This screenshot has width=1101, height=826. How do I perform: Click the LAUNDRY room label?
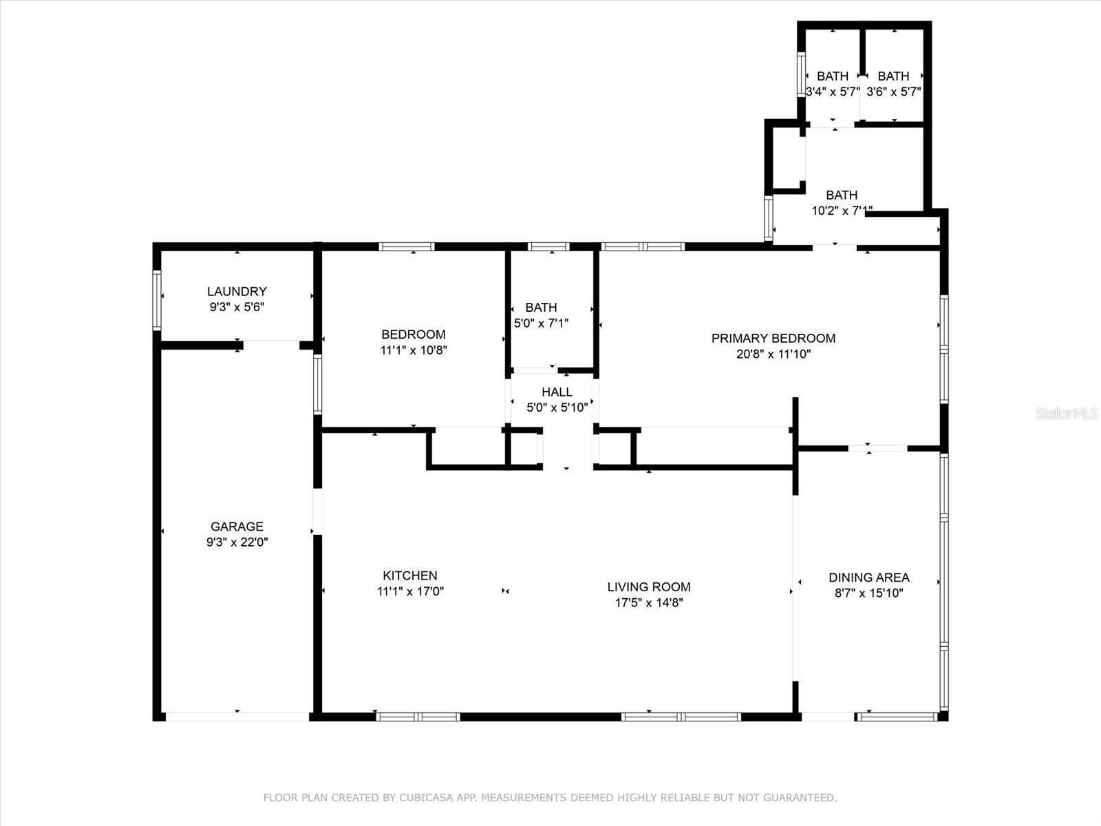click(x=237, y=291)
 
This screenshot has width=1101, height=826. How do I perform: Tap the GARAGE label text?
click(x=237, y=527)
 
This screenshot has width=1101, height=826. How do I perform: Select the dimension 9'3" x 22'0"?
click(x=237, y=542)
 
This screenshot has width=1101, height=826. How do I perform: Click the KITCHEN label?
click(x=410, y=575)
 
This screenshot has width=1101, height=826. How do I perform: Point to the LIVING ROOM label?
click(x=649, y=586)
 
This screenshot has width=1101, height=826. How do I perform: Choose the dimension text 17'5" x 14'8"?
click(x=649, y=602)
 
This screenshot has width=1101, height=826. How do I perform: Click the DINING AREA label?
click(x=869, y=578)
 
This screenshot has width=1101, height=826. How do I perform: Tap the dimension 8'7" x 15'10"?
click(x=869, y=593)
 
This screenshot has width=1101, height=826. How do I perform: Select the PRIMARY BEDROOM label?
click(x=773, y=339)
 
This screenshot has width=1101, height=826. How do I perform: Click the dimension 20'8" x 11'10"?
click(x=773, y=354)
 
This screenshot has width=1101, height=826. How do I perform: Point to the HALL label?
click(x=557, y=392)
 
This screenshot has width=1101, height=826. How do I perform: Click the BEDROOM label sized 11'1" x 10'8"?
click(x=414, y=335)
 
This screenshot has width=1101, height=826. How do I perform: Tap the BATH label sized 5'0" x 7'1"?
click(x=542, y=308)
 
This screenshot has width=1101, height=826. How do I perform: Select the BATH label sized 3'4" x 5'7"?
click(x=833, y=76)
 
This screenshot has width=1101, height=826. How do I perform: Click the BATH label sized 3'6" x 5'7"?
click(x=893, y=76)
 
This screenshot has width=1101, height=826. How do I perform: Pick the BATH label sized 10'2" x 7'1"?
click(x=842, y=195)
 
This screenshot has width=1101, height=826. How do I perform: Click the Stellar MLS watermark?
click(x=1067, y=414)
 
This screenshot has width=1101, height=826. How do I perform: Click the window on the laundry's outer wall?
click(x=157, y=300)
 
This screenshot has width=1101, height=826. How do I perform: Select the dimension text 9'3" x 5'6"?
click(x=237, y=307)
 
